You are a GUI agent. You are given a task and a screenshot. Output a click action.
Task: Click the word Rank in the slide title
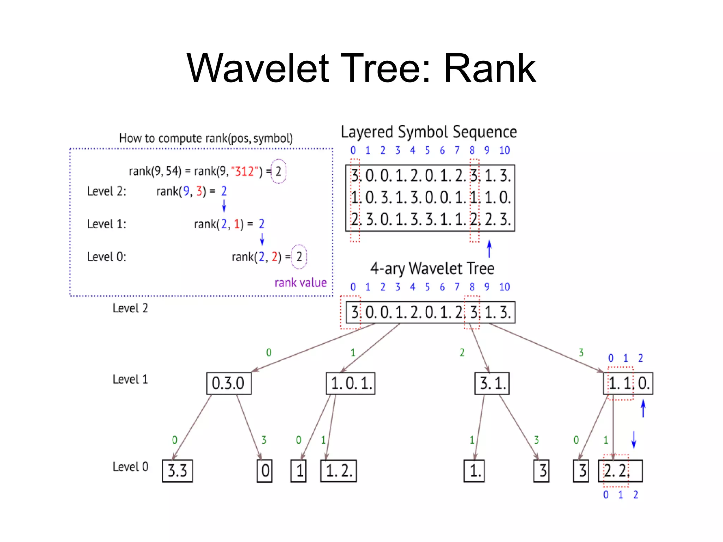coord(490,68)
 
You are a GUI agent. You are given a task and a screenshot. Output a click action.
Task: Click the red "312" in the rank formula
coord(244,171)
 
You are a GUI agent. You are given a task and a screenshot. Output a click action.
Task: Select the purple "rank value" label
coord(300,283)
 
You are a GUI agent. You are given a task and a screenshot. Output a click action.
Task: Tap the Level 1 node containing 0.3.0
coord(229,383)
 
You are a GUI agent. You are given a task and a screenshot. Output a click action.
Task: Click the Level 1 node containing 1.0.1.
coord(350,383)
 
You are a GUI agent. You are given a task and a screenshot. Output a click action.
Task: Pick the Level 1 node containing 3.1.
coord(492,383)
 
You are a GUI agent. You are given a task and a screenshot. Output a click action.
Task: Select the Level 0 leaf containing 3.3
coord(177,471)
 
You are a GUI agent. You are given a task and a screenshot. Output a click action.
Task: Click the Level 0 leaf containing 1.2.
coord(338,471)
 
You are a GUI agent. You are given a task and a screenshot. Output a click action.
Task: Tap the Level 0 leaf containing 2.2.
coord(620,471)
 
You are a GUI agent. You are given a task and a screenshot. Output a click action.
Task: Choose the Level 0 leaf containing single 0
coord(265,471)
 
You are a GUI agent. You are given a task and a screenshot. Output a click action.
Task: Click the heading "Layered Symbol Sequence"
coord(429,132)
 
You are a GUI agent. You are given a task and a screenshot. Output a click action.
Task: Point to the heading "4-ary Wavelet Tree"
coord(432,269)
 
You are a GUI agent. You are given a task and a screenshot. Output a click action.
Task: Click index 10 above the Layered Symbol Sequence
coord(504,150)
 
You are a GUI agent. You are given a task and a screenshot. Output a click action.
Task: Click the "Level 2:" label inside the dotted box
coord(106,191)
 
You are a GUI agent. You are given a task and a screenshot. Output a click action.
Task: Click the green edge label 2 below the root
coord(462,353)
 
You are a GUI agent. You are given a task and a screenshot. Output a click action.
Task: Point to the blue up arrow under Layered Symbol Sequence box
coord(489,249)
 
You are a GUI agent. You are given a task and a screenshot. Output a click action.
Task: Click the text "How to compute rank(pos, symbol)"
coord(206,138)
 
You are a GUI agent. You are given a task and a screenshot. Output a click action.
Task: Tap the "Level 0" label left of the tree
coord(130,467)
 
